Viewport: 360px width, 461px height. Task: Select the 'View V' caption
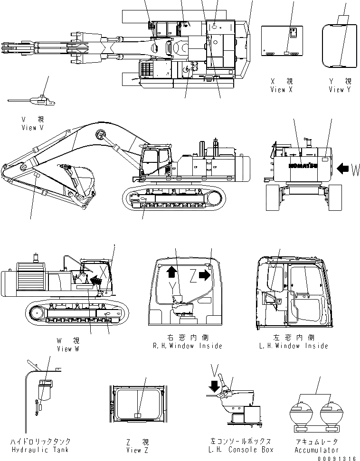[32, 128]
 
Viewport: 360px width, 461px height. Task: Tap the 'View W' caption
[68, 349]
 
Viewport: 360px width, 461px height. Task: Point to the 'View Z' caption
[137, 450]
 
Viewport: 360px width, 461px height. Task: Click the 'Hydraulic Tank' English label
[40, 450]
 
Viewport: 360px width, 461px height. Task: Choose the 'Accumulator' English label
[316, 450]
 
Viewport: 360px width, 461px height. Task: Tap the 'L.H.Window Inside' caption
[294, 346]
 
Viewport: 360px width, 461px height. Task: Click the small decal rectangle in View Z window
[138, 415]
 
